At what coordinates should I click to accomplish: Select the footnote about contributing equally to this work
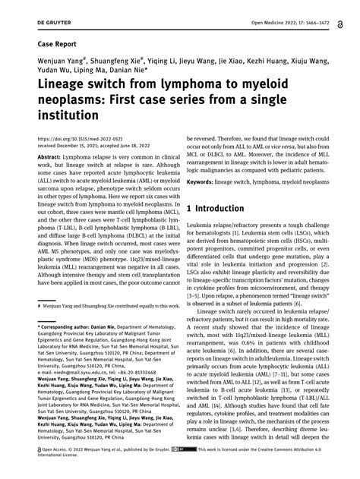[106, 306]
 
